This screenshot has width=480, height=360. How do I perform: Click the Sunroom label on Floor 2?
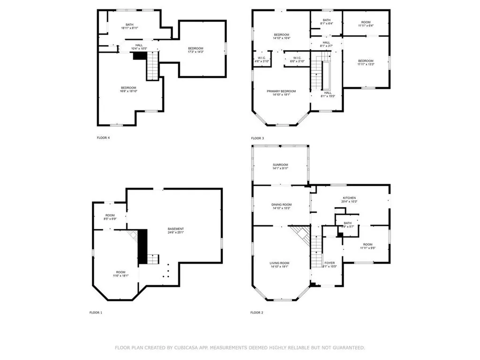(280, 165)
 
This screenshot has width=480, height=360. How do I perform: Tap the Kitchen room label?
(349, 198)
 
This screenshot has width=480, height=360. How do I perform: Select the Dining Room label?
(281, 204)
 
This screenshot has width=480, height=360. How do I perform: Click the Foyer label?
(330, 263)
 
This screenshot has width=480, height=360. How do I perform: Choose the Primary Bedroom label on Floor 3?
(281, 91)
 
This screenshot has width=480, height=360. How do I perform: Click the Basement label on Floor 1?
(176, 229)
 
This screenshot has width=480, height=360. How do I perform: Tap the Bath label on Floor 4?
(129, 25)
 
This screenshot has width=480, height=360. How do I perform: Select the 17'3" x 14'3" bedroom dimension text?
(196, 52)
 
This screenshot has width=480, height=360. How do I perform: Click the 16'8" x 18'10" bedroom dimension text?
(128, 91)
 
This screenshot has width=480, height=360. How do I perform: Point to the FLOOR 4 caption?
(103, 138)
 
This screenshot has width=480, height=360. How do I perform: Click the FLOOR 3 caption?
(257, 138)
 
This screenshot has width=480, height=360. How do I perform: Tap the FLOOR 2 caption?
(257, 312)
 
